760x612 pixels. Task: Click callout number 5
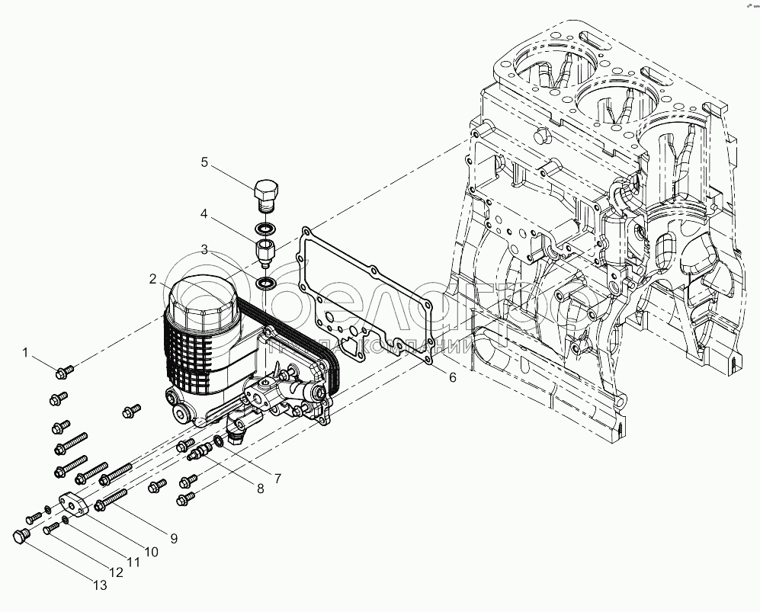pos(204,162)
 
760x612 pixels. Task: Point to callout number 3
pos(204,249)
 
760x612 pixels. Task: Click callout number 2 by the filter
pos(153,280)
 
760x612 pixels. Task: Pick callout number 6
pos(452,377)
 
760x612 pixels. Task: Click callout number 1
pos(25,353)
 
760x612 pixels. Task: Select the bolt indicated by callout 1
pos(64,371)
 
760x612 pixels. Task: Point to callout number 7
pos(277,479)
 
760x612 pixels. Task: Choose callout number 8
pos(260,489)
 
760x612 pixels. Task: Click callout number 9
pos(174,538)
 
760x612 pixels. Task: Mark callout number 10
pos(150,551)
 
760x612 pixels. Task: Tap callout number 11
pos(134,562)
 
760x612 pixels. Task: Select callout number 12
pos(116,572)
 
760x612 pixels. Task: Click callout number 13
pos(100,585)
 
